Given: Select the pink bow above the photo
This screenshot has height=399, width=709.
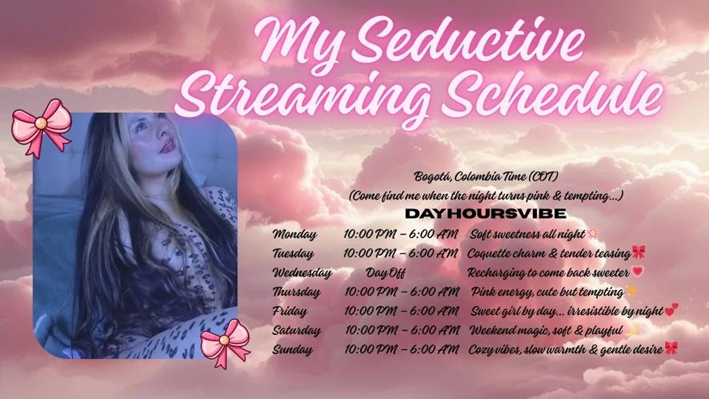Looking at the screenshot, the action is click(x=42, y=127).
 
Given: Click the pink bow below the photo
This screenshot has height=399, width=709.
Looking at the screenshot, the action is click(x=225, y=343).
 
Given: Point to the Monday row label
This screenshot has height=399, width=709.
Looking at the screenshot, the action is click(x=294, y=234).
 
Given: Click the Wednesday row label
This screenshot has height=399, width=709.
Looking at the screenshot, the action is click(x=302, y=273).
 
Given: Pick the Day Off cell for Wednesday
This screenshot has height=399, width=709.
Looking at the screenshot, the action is click(x=385, y=273).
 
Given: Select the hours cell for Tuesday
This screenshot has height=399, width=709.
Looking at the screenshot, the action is click(x=400, y=253).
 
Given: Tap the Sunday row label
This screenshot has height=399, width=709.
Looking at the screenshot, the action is click(x=292, y=350).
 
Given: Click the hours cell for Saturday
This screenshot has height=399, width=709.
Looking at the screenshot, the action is click(x=402, y=330).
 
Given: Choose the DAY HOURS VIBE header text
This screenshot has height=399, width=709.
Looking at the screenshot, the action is click(x=485, y=214).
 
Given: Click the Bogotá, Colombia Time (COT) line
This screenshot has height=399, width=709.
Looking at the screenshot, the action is click(x=486, y=176).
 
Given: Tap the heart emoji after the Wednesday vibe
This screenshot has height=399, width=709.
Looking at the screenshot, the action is click(x=638, y=272).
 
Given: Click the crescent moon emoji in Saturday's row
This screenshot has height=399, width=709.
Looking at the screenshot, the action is click(x=631, y=330).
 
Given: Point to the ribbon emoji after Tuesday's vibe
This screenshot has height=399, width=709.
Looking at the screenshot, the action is click(x=639, y=252).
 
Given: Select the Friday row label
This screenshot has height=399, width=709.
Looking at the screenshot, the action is click(x=290, y=311).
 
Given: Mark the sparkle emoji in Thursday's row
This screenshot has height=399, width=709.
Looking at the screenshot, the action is click(x=631, y=290).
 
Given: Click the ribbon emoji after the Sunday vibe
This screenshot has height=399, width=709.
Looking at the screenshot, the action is click(x=671, y=349).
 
